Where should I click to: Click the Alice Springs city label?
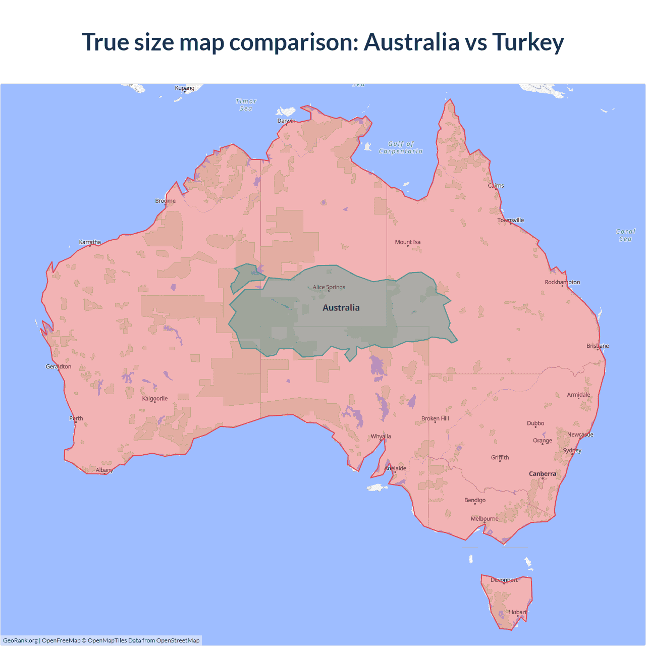[329, 287]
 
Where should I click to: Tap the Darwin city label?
[286, 121]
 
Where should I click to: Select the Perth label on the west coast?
[76, 418]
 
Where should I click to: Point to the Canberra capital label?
[543, 473]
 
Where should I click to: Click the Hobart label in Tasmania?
[517, 612]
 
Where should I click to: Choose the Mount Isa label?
[408, 242]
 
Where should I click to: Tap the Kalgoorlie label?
[155, 398]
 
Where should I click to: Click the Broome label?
[166, 201]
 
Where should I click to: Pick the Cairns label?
[496, 186]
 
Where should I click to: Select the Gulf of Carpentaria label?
[401, 147]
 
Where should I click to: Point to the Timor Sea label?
[246, 105]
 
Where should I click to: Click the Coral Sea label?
[625, 235]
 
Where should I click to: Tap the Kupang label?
[185, 88]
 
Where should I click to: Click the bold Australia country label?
[341, 308]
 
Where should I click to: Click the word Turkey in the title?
[528, 42]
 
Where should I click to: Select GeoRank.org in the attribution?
[20, 640]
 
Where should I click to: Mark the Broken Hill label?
[435, 418]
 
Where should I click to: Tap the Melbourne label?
[484, 518]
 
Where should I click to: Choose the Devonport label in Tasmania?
[504, 580]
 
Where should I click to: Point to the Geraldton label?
[59, 366]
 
